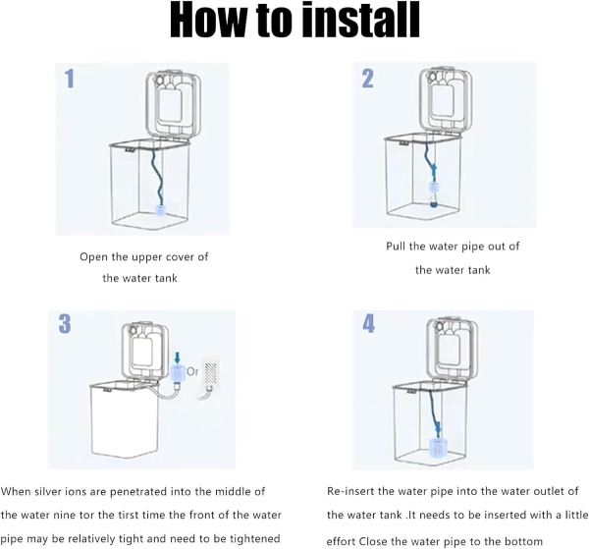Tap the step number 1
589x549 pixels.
(x=70, y=79)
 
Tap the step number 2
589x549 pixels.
(x=368, y=79)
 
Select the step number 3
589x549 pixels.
(x=65, y=323)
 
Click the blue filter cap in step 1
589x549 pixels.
(x=160, y=210)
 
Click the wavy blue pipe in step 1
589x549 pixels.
(x=157, y=177)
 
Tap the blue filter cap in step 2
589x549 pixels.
(x=434, y=188)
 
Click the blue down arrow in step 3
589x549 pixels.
(x=178, y=357)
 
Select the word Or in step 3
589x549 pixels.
(x=192, y=371)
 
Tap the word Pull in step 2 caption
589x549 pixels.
(x=396, y=247)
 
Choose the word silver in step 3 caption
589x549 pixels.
(x=47, y=491)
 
